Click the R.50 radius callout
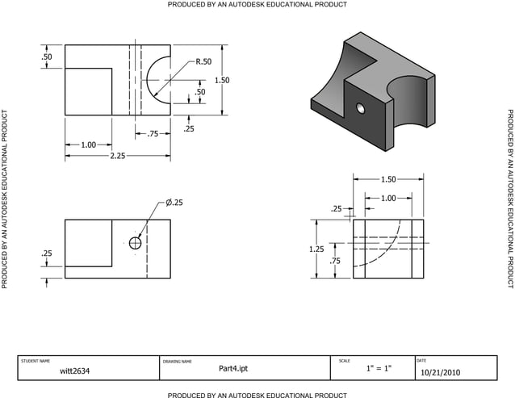click(203, 61)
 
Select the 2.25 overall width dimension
click(118, 156)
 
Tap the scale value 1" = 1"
click(378, 369)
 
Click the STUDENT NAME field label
click(35, 360)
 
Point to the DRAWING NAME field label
click(177, 361)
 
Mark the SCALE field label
click(344, 360)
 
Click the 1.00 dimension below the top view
click(89, 145)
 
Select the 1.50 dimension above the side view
click(388, 179)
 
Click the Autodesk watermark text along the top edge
click(257, 5)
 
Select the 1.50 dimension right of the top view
click(222, 80)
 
